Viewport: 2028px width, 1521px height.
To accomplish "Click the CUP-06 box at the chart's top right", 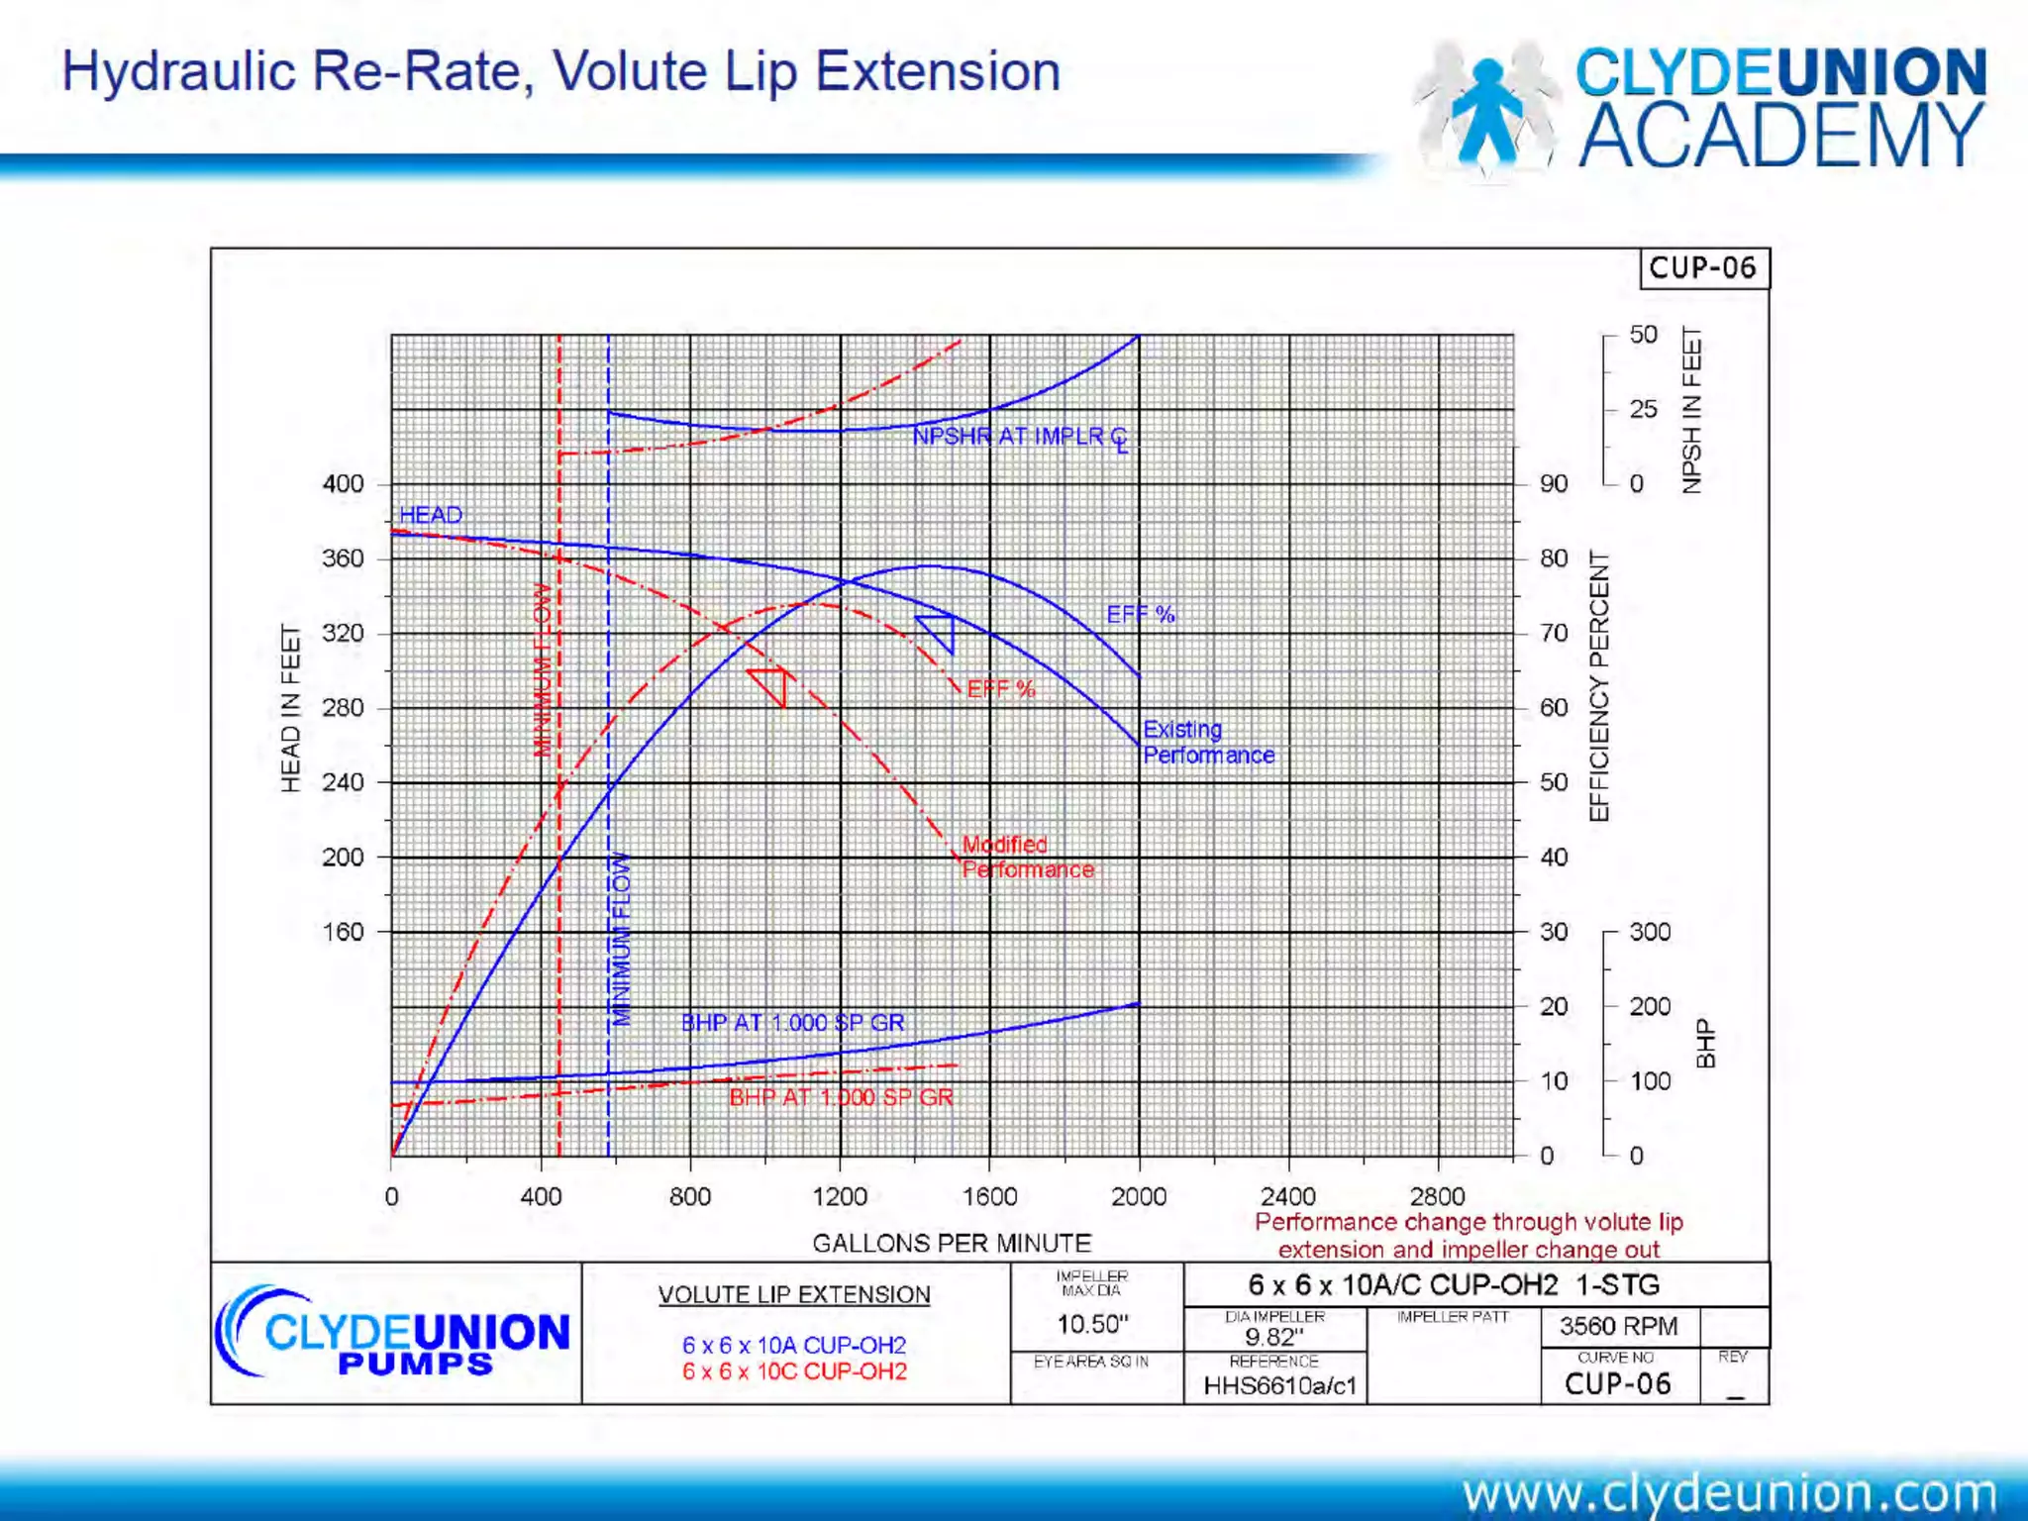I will click(1703, 268).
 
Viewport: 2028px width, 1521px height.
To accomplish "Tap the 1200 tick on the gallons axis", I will click(839, 1196).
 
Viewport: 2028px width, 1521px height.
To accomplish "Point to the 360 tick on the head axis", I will click(343, 558).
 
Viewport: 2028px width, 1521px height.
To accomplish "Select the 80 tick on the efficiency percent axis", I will click(1553, 558).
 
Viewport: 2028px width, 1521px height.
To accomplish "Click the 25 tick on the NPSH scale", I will click(1643, 409).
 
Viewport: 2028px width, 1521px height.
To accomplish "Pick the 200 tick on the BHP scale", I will click(1650, 1006).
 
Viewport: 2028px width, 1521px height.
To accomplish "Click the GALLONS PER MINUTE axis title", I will click(951, 1243).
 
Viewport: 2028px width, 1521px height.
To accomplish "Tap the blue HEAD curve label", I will click(431, 515).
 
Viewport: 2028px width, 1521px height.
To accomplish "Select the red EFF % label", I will click(1001, 689).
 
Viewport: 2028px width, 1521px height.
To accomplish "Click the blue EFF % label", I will click(1140, 614).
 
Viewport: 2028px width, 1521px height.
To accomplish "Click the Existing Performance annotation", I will click(1208, 742).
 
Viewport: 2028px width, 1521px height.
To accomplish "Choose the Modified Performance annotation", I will click(1027, 857).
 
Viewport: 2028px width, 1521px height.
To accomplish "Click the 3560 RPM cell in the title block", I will click(1618, 1326).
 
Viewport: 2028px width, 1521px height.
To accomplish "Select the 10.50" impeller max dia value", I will click(1092, 1324).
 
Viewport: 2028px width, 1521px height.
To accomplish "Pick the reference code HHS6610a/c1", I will click(1278, 1385).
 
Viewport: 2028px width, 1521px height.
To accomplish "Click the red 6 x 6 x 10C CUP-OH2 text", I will click(794, 1371).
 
